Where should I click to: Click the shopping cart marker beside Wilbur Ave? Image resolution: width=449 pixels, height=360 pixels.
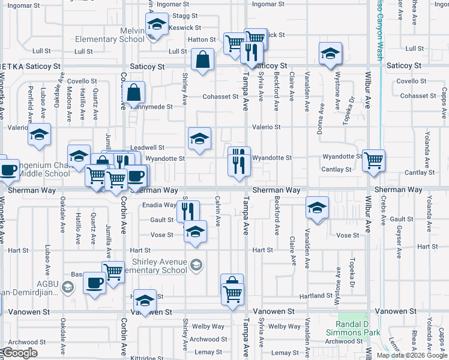(373, 160)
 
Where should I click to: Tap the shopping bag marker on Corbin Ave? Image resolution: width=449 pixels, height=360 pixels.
(135, 92)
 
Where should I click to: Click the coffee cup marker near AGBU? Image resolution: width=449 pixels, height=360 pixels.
(94, 282)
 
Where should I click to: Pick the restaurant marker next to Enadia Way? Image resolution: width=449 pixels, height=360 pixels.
(188, 211)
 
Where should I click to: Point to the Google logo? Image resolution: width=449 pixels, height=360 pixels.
(19, 353)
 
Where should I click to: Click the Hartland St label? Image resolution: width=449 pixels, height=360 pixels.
(316, 296)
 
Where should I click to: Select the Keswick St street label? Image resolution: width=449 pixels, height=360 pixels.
(184, 28)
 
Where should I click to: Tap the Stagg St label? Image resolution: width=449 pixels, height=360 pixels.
(184, 16)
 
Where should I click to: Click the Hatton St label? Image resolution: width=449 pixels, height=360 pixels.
(202, 40)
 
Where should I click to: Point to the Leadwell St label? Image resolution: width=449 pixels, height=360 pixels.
(147, 147)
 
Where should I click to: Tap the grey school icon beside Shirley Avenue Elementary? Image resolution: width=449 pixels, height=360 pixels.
(195, 265)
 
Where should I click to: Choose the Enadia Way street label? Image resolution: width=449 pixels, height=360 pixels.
(160, 205)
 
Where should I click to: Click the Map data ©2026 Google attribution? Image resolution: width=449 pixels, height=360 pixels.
(412, 355)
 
